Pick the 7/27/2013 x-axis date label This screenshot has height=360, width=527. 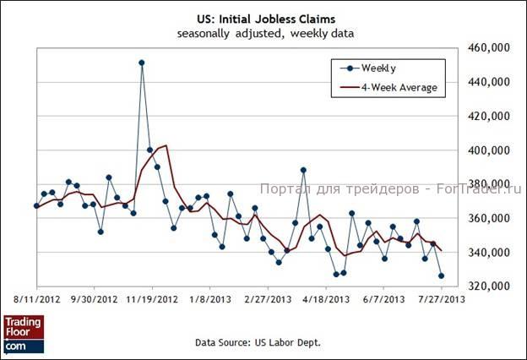coord(438,299)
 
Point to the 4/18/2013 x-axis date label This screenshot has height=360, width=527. coord(325,299)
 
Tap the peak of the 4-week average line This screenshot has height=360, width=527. coord(166,145)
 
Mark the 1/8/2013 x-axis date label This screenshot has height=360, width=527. coord(209,299)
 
